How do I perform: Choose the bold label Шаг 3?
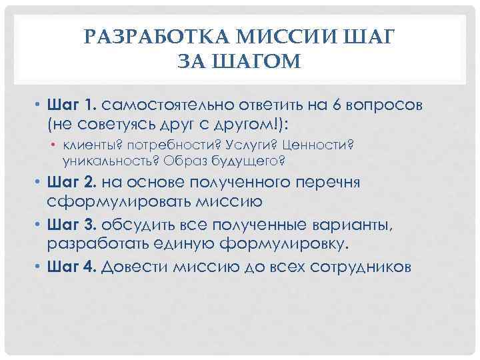tap(73, 225)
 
